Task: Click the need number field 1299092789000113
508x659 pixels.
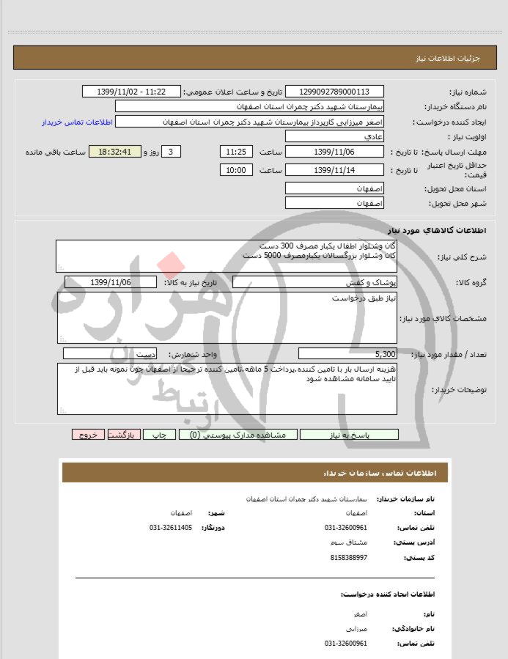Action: click(x=334, y=92)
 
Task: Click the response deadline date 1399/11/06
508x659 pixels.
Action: click(x=334, y=152)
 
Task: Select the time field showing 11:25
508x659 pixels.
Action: click(x=236, y=152)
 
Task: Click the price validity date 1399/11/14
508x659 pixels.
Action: click(x=334, y=170)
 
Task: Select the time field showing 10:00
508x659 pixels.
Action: click(x=236, y=170)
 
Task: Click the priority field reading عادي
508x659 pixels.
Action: click(x=334, y=137)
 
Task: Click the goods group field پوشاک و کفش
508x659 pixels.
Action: click(x=315, y=282)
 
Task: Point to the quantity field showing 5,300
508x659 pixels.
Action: click(x=348, y=354)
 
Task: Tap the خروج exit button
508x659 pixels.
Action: click(x=89, y=435)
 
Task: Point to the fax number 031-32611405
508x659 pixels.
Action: click(x=171, y=527)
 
